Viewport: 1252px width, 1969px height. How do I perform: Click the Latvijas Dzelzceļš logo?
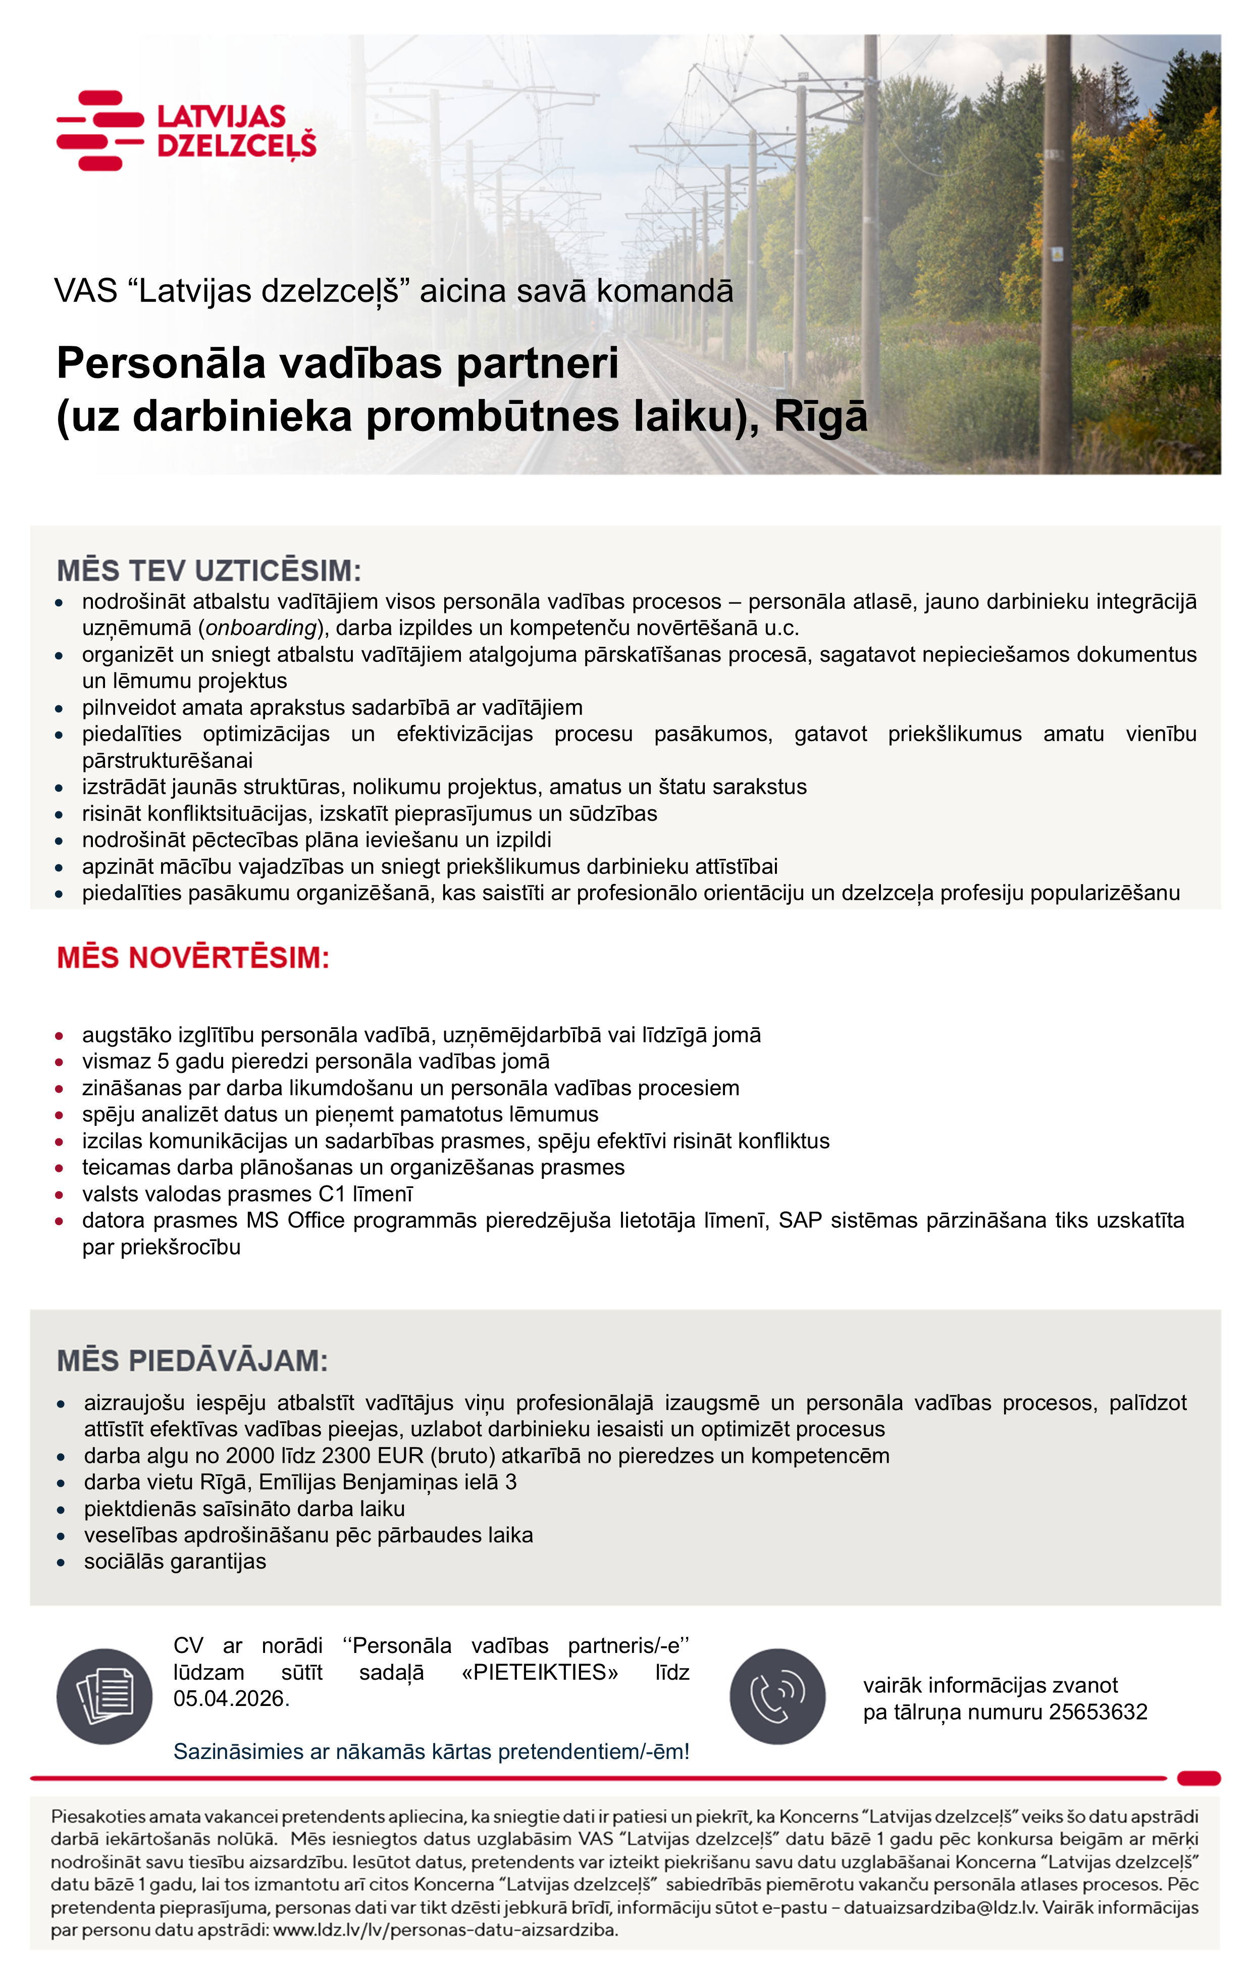[x=186, y=131]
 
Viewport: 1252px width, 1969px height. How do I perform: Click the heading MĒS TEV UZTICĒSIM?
[x=208, y=570]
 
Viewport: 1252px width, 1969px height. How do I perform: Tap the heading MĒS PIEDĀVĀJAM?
[x=192, y=1361]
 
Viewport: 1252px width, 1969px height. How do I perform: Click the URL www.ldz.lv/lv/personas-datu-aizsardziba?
[x=445, y=1931]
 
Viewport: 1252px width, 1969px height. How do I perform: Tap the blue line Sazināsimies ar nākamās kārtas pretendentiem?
[x=431, y=1751]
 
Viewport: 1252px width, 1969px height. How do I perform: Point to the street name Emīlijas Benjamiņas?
[x=367, y=1482]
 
